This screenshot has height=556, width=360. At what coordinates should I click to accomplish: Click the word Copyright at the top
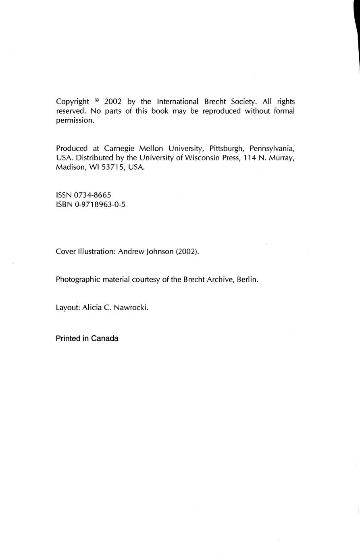click(x=72, y=102)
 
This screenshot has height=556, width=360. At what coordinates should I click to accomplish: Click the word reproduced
click(x=221, y=111)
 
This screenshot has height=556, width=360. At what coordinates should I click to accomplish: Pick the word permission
click(x=75, y=120)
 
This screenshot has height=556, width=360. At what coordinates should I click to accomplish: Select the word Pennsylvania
click(x=273, y=148)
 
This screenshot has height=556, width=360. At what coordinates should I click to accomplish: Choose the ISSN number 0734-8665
click(x=93, y=195)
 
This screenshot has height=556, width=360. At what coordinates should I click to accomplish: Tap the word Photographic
click(x=77, y=279)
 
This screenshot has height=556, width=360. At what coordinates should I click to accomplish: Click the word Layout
click(x=68, y=307)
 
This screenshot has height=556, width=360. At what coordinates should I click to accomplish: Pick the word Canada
click(x=104, y=338)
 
